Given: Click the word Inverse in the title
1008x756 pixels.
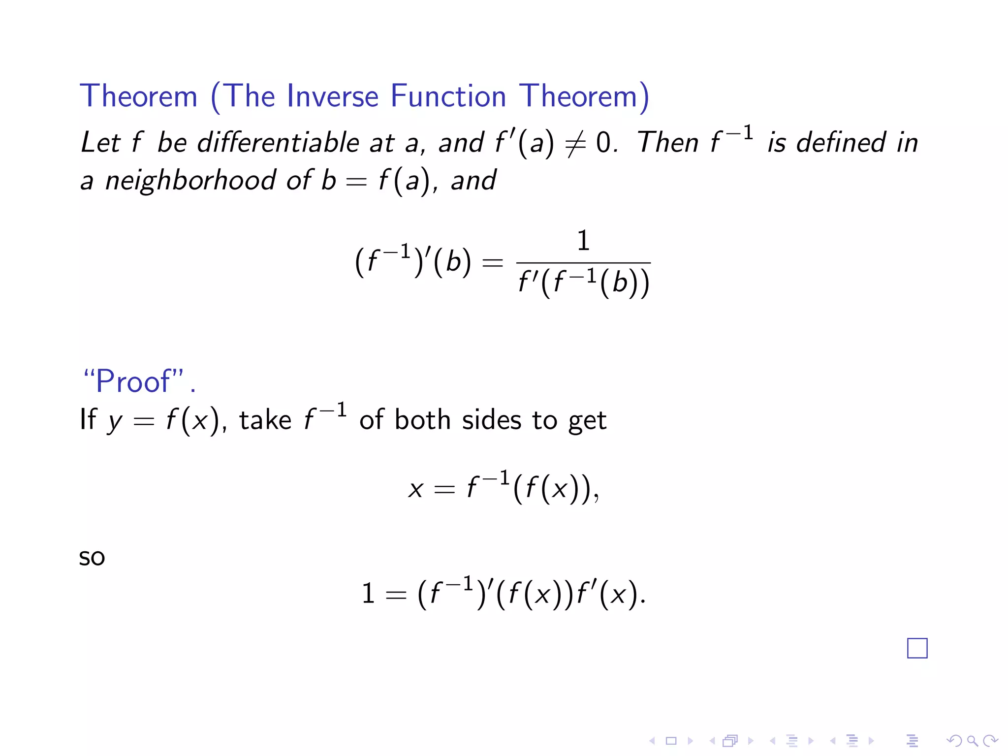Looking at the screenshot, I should click(x=332, y=95).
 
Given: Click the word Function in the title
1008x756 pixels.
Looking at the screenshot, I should click(x=448, y=95).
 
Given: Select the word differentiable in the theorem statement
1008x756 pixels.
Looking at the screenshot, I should click(x=278, y=143).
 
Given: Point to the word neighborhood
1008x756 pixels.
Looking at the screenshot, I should click(x=190, y=180).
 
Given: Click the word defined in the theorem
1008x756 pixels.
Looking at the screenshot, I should click(x=841, y=143).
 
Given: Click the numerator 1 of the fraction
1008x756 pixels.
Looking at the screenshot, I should click(x=583, y=241).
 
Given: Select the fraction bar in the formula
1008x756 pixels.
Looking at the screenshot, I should click(x=583, y=263).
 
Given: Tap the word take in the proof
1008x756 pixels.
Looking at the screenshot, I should click(x=265, y=420).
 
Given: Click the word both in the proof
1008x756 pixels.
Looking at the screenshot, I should click(x=422, y=420).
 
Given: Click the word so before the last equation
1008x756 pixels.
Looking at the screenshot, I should click(x=92, y=558).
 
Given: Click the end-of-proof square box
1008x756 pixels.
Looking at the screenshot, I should click(x=917, y=648).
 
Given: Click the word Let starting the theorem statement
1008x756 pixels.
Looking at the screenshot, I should click(x=100, y=143).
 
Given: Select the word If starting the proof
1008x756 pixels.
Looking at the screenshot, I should click(x=88, y=420).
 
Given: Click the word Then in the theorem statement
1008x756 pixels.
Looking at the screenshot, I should click(x=667, y=143).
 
